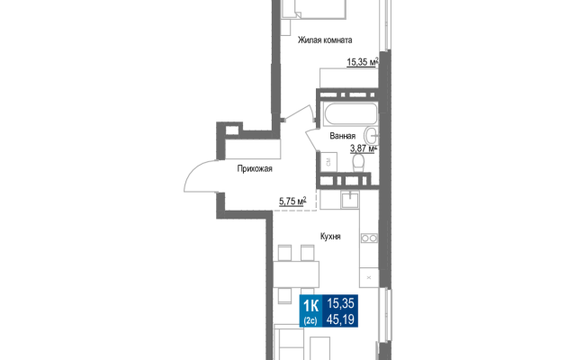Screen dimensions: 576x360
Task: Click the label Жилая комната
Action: click(325, 40)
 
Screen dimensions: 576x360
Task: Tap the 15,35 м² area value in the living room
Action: click(363, 62)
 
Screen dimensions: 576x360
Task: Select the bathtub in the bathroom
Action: click(350, 114)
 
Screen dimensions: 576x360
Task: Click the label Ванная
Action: click(342, 136)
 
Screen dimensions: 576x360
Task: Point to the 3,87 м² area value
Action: click(364, 148)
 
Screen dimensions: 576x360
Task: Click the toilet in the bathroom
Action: click(358, 163)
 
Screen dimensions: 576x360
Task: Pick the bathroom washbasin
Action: click(372, 136)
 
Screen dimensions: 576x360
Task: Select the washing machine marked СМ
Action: click(328, 162)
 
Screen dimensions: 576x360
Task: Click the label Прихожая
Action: click(255, 169)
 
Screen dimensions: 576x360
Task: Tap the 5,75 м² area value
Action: click(292, 201)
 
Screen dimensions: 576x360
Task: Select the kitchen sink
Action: click(349, 200)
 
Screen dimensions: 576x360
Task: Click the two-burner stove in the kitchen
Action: click(369, 238)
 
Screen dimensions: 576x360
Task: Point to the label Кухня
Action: click(330, 237)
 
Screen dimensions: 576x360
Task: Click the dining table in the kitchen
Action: click(296, 274)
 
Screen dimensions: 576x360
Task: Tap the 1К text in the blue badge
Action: click(310, 305)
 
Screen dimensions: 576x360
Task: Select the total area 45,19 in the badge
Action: click(340, 319)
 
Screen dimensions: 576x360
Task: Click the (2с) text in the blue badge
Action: click(310, 320)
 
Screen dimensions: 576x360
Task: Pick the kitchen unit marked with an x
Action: click(369, 278)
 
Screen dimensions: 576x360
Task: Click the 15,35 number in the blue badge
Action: click(340, 303)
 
